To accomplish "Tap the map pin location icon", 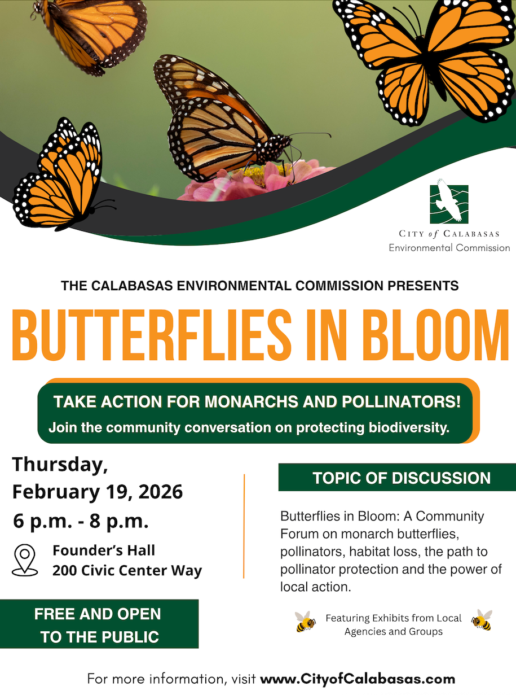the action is (25, 560).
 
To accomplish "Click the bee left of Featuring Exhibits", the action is (305, 622).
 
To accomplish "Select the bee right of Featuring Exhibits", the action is (482, 620).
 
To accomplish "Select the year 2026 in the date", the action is (160, 492).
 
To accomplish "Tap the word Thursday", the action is (60, 465).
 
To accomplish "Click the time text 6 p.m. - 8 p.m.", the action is (81, 522).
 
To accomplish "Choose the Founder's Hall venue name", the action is (104, 550).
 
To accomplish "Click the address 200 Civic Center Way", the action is (127, 570).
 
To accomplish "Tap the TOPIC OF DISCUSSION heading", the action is (402, 478).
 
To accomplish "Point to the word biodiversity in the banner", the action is (409, 428).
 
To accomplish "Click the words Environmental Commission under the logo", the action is (449, 248).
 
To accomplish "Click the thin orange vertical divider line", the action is (244, 526).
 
